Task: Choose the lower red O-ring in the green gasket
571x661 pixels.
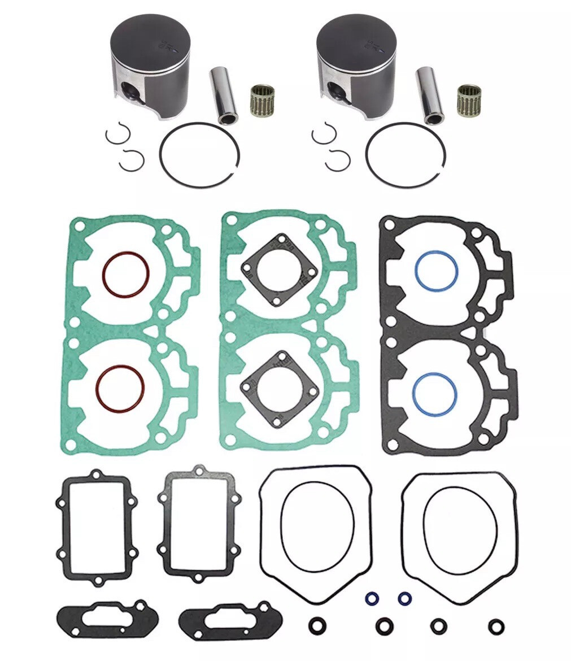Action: click(120, 388)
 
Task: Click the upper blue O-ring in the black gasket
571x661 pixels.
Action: click(436, 271)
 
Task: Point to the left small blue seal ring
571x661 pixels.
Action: click(372, 598)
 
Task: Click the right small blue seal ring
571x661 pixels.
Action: click(403, 598)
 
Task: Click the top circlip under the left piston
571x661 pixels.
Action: click(118, 134)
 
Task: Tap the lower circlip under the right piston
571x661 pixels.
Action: click(338, 160)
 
